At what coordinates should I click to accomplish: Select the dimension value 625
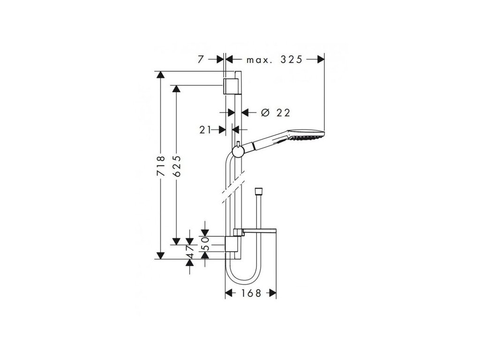tap(176, 166)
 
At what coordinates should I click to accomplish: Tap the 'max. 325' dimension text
tap(275, 60)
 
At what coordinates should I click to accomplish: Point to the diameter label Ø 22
tap(275, 112)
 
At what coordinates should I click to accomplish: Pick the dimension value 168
tap(251, 293)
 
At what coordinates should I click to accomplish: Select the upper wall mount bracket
tap(230, 85)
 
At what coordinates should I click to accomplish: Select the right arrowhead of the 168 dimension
tap(271, 293)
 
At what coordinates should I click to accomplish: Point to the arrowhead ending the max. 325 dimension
tap(320, 60)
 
